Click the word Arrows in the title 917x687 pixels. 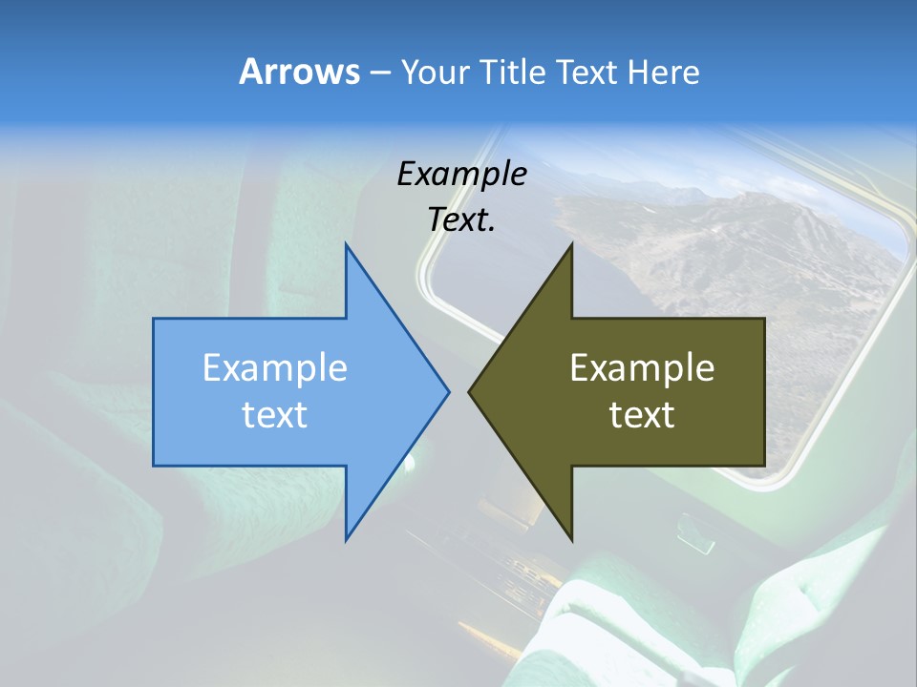[300, 72]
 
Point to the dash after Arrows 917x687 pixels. [379, 73]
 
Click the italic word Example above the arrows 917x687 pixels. [462, 174]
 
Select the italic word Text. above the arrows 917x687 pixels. [462, 220]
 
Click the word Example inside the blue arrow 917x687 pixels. [275, 367]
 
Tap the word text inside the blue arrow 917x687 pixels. [275, 415]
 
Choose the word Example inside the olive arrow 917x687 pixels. [642, 367]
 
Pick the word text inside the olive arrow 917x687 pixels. [642, 415]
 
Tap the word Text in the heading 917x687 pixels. [586, 72]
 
